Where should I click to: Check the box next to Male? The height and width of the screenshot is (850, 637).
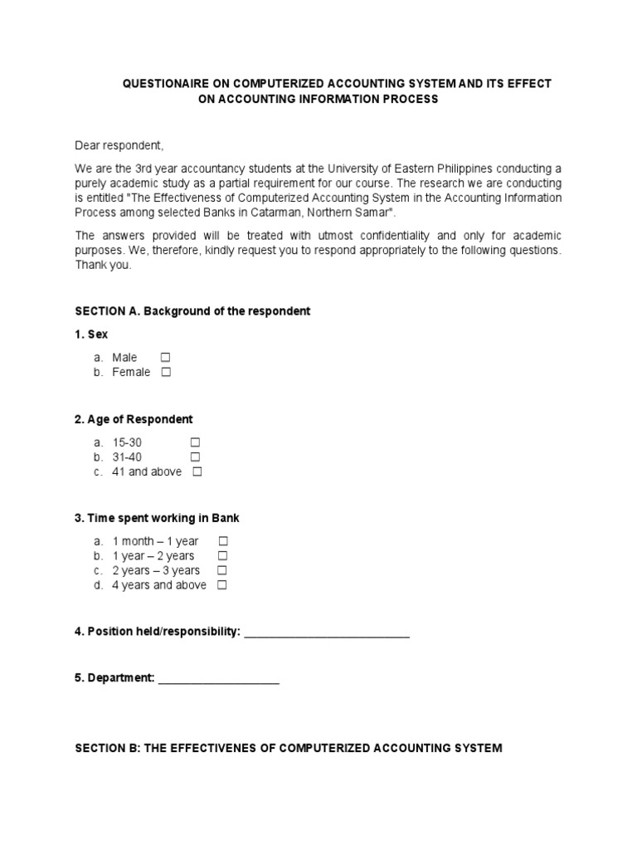click(166, 358)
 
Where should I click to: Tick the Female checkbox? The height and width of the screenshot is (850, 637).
click(166, 373)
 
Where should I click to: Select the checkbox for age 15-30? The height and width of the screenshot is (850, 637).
click(196, 442)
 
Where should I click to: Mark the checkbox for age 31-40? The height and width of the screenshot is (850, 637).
click(196, 457)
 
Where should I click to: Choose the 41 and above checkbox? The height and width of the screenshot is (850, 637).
click(197, 472)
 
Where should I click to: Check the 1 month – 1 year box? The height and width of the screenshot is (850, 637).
click(222, 541)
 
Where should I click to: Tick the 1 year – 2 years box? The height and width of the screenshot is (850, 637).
click(222, 556)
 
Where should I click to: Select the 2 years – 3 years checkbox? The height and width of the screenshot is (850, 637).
click(222, 571)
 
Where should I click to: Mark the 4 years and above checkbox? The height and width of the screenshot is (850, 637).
click(222, 586)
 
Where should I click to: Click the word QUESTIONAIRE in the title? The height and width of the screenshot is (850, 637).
click(170, 85)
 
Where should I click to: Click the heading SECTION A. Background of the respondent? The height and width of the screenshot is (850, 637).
click(192, 311)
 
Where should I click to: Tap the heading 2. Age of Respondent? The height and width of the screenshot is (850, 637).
click(134, 419)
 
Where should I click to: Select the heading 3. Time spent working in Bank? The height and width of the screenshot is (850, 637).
click(157, 518)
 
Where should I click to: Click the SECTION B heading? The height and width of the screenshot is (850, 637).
click(288, 748)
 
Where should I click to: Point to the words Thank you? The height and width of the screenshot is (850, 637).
click(103, 266)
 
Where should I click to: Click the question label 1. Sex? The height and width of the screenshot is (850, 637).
click(91, 335)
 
